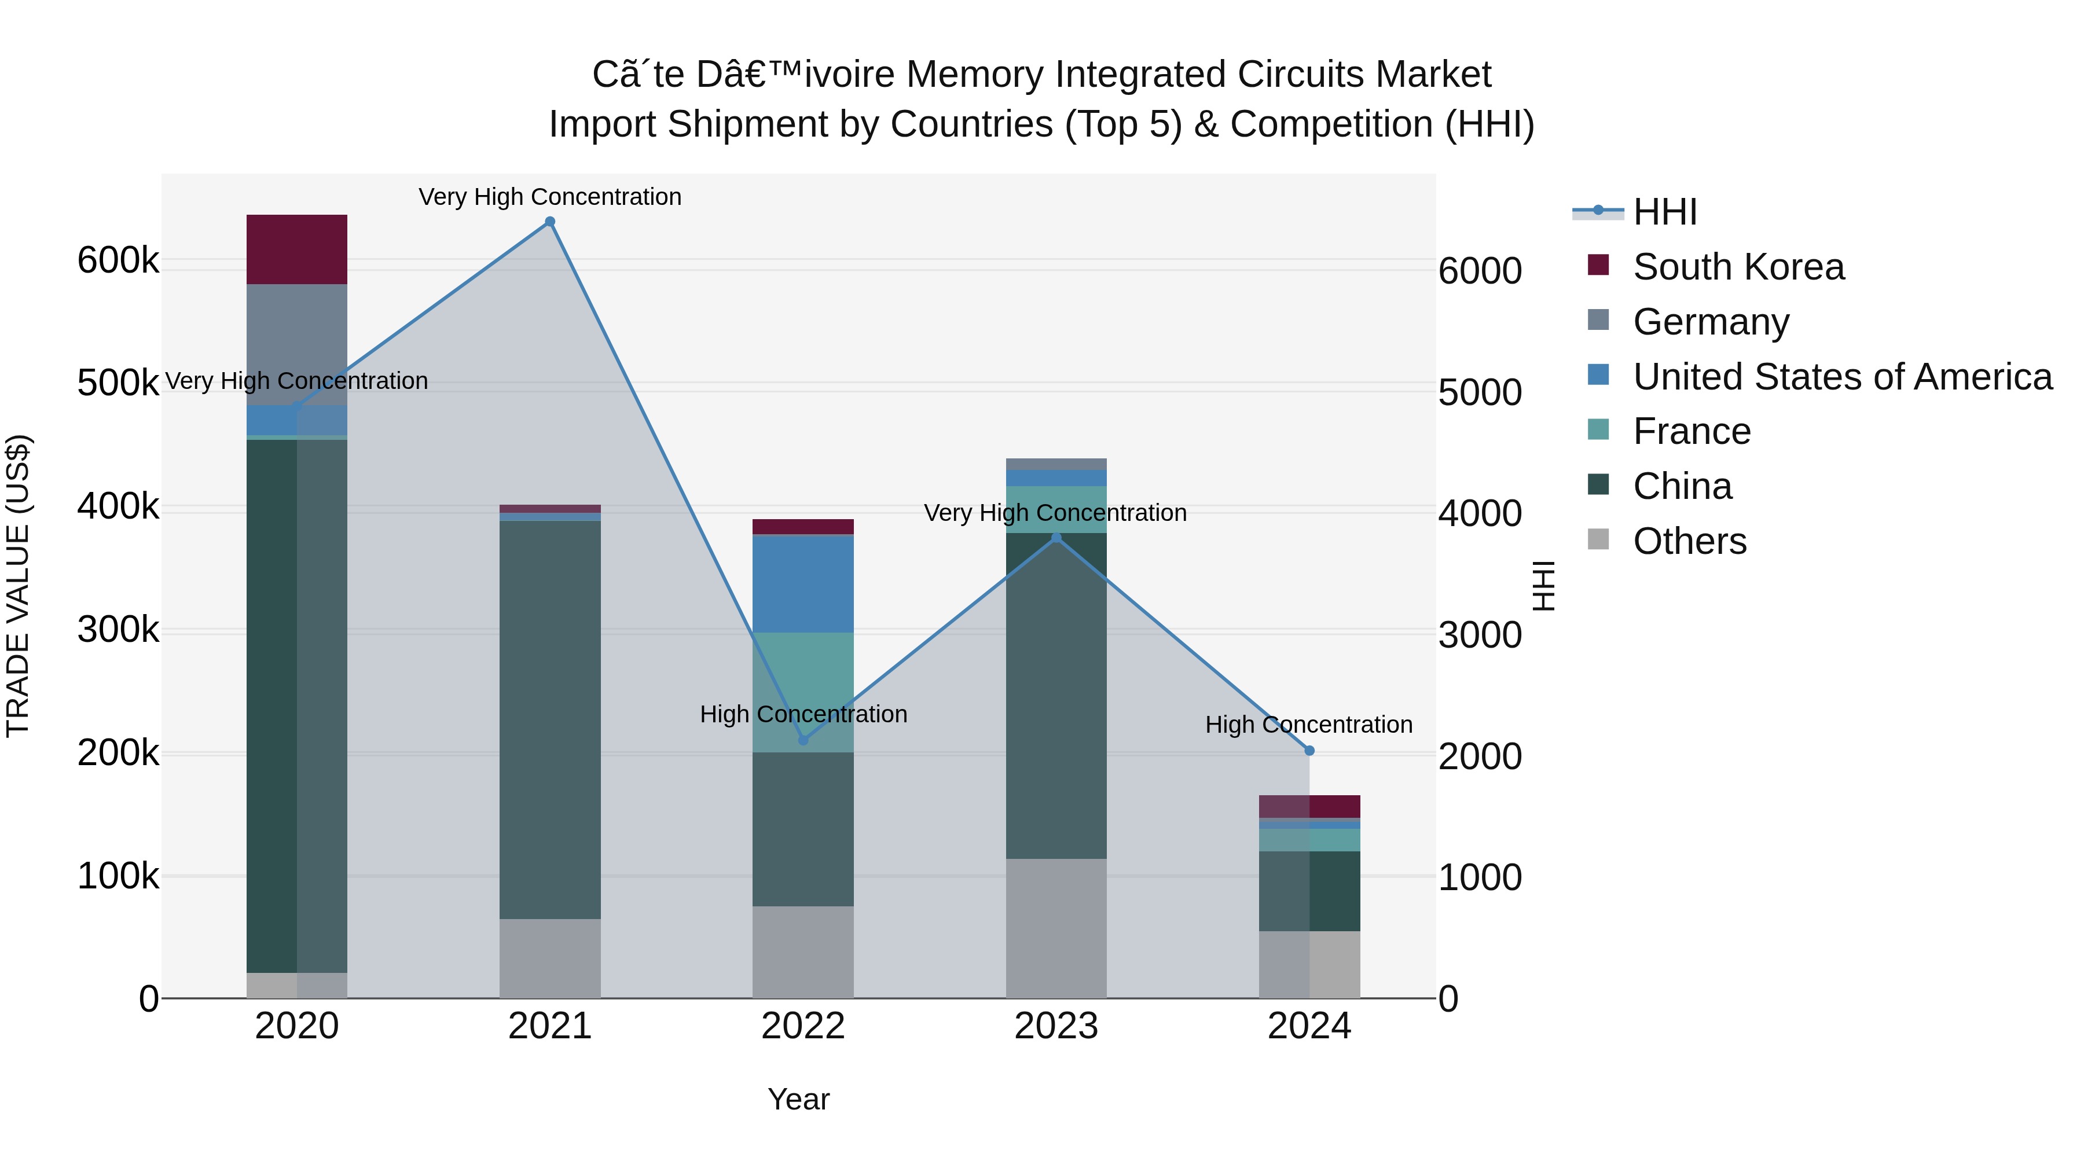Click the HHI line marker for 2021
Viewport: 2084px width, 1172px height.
tap(550, 222)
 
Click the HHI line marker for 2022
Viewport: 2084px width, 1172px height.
tap(803, 740)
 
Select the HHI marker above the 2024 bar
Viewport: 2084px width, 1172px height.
tap(1310, 751)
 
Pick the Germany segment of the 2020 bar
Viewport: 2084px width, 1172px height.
tap(297, 344)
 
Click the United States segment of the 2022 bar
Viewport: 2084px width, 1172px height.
tap(803, 583)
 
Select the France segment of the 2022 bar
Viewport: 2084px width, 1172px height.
tap(803, 692)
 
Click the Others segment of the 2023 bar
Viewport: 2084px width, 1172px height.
tap(1056, 928)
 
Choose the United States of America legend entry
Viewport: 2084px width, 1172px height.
tap(1841, 377)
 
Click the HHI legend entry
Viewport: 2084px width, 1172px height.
tap(1664, 212)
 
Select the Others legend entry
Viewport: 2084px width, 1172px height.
tap(1689, 541)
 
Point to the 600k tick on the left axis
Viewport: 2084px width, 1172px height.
tap(118, 260)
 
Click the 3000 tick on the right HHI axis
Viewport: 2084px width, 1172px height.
tap(1480, 635)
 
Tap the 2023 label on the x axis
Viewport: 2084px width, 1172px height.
tap(1056, 1026)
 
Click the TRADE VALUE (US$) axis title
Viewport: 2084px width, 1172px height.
tap(18, 586)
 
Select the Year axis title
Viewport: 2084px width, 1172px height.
tap(798, 1099)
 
